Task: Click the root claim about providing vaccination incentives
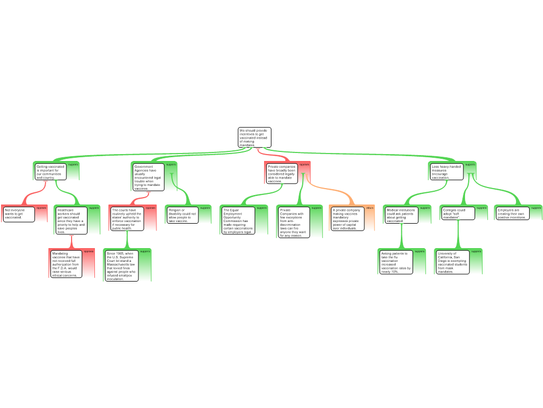point(254,138)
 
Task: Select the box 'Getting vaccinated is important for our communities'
point(50,172)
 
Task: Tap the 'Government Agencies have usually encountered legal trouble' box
point(148,177)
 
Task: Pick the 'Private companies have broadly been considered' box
point(282,174)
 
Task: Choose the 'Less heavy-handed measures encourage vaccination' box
point(446,172)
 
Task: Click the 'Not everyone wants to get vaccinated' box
point(19,214)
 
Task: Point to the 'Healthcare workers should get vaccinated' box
point(71,220)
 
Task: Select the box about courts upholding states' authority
point(127,219)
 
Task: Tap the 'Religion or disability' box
point(182,215)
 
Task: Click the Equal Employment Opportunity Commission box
point(238,220)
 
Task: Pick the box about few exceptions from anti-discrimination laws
point(294,222)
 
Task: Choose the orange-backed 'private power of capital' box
point(347,219)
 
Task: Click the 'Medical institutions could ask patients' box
point(401,215)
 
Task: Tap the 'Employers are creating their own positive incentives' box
point(512,214)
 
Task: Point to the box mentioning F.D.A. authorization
point(66,264)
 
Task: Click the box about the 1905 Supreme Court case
point(121,266)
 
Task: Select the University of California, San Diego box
point(452,262)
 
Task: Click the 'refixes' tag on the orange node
point(370,208)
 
